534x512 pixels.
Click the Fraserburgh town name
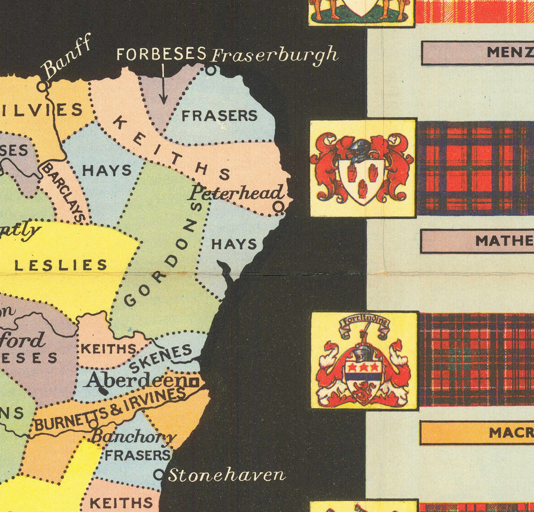coord(274,55)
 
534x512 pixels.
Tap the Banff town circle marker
coord(42,86)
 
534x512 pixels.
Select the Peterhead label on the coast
coord(236,192)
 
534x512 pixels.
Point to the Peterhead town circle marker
coord(279,205)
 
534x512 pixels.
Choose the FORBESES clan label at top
coord(161,54)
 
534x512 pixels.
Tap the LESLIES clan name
coord(61,265)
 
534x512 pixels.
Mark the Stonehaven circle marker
coord(158,475)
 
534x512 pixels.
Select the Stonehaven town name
coord(227,475)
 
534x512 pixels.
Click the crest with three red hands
coord(363,168)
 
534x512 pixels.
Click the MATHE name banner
coord(477,241)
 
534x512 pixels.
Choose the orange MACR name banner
coord(477,433)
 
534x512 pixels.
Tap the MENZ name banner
coord(478,52)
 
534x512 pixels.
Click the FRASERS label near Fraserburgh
coord(220,116)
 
